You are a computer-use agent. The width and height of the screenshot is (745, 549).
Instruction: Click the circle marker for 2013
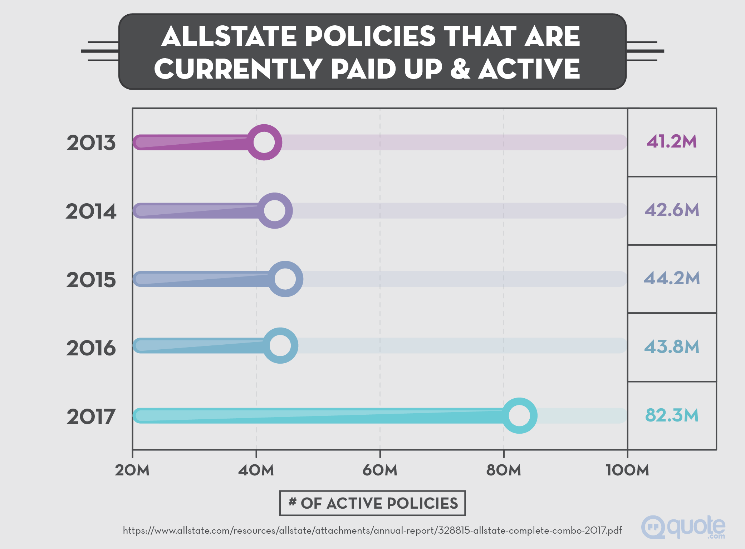click(x=264, y=142)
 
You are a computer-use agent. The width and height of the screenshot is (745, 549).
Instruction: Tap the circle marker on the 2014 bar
click(x=274, y=210)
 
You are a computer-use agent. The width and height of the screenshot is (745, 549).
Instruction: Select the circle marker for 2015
click(x=285, y=279)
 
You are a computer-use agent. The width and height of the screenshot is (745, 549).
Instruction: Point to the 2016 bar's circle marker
click(x=280, y=345)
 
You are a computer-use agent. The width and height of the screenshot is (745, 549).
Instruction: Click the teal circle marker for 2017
click(x=519, y=415)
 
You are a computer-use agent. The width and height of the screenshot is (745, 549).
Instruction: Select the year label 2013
click(x=91, y=143)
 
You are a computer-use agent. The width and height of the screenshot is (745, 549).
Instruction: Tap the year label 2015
click(x=91, y=280)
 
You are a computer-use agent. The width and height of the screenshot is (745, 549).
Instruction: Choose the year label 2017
click(x=91, y=416)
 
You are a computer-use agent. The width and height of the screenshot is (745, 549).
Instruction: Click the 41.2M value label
click(x=672, y=141)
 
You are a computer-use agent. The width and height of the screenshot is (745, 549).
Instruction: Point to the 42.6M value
click(x=672, y=210)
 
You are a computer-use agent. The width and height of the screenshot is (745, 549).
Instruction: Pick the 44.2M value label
click(x=672, y=278)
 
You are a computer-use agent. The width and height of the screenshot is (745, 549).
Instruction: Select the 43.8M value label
click(x=672, y=347)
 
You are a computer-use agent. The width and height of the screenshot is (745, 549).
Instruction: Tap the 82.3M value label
click(x=672, y=415)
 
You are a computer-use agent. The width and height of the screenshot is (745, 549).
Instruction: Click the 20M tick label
click(x=132, y=470)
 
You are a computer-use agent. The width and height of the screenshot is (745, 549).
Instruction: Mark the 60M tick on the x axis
click(x=380, y=470)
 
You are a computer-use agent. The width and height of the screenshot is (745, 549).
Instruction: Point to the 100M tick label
click(x=627, y=470)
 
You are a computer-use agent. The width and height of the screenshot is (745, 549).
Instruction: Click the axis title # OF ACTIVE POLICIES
click(x=372, y=503)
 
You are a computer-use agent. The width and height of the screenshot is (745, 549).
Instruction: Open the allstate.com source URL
click(x=372, y=530)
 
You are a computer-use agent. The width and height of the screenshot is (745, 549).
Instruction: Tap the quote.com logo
click(x=683, y=527)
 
